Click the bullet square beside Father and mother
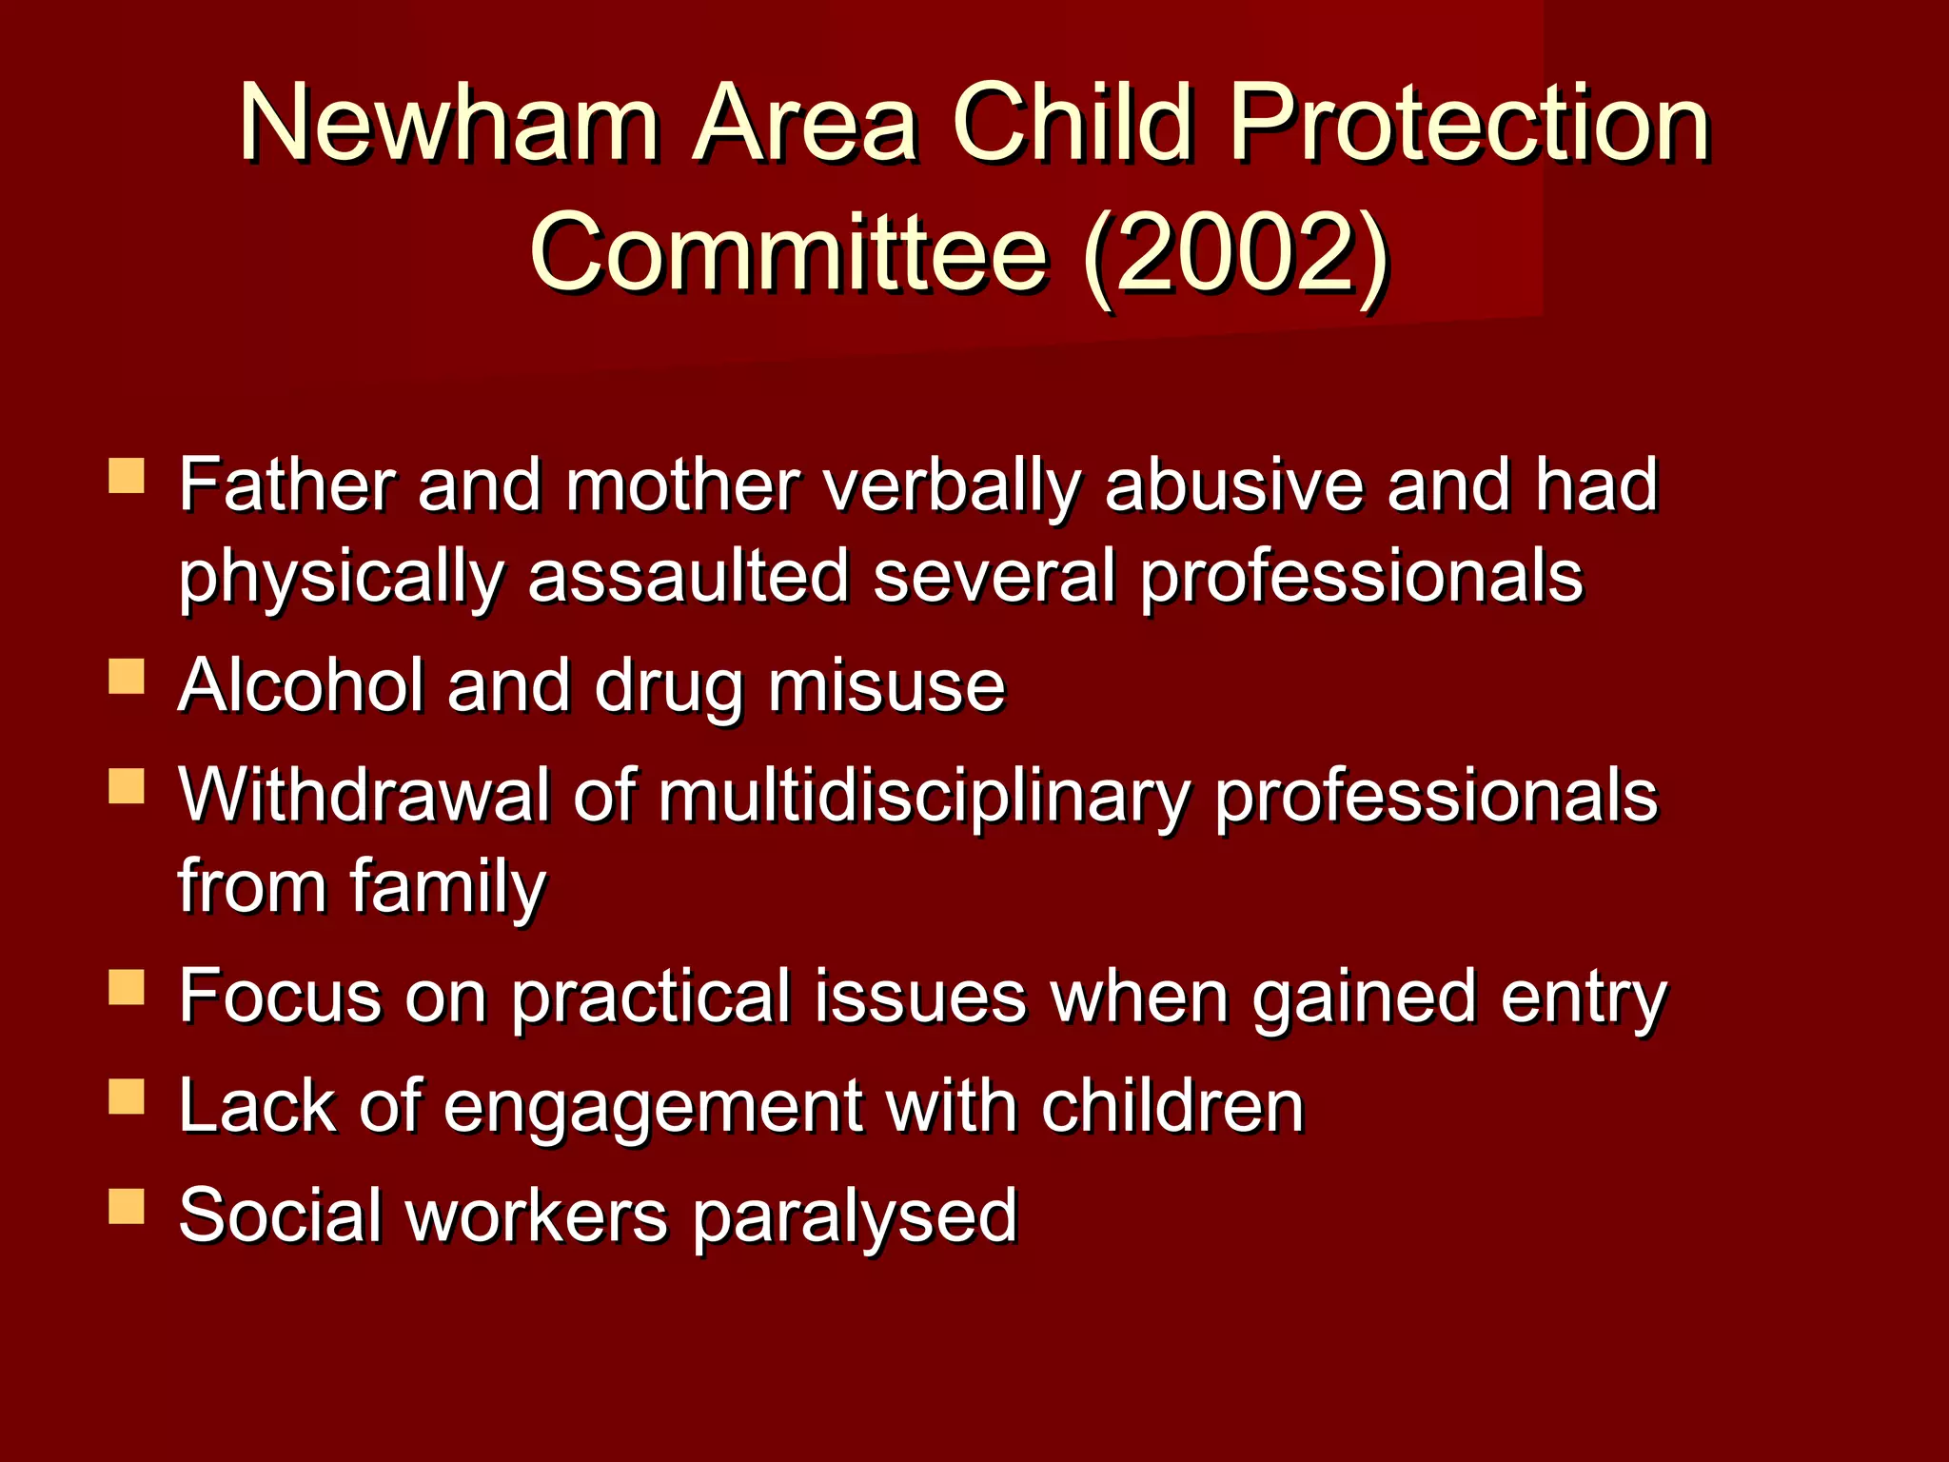127,475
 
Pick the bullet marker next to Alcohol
127,677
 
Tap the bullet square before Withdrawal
127,787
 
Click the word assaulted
688,577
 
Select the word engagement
653,1108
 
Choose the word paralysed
855,1217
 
